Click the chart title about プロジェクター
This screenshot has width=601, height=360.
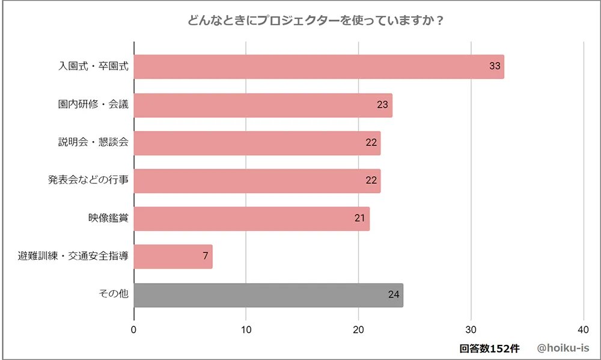coord(316,20)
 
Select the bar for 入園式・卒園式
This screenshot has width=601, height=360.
coord(319,67)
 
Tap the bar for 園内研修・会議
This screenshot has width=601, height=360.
coord(263,105)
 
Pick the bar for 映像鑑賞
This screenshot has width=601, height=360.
coord(251,218)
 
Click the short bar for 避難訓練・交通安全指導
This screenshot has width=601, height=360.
coord(173,257)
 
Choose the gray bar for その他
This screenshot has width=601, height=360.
coord(268,295)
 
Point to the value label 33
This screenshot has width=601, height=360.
coord(495,67)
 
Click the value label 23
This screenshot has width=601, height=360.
coord(383,105)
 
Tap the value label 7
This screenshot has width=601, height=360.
coord(205,257)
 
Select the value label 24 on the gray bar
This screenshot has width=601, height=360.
coord(394,295)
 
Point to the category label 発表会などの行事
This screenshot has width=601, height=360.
coord(88,180)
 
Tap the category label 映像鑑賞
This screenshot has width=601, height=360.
coord(108,218)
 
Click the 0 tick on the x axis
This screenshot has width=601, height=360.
coord(133,329)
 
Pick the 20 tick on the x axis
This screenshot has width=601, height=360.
coord(359,329)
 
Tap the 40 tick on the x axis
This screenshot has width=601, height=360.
coord(583,329)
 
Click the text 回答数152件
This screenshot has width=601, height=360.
coord(489,349)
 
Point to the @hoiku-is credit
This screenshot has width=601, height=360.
coord(563,349)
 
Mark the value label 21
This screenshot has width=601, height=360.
coord(360,218)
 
